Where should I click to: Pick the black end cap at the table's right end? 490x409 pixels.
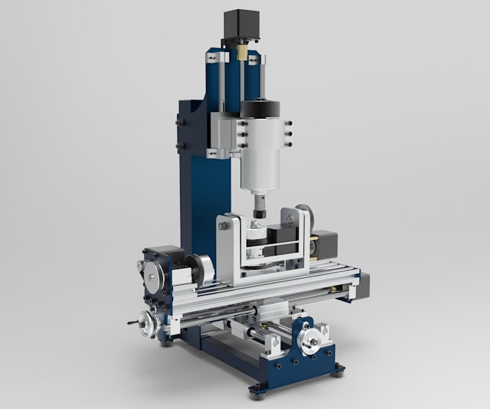pyautogui.click(x=364, y=284)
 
